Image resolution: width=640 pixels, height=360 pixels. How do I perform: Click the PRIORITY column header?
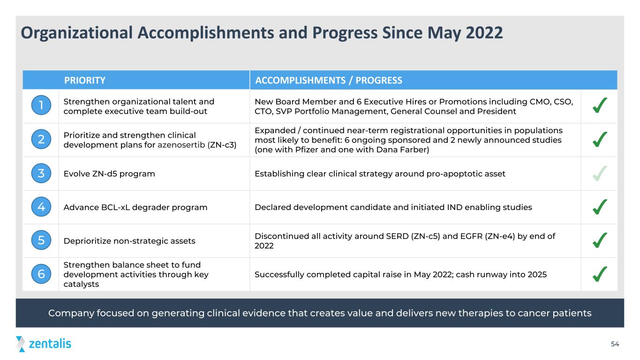[x=84, y=80]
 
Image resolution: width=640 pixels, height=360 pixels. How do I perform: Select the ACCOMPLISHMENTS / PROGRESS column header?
[x=329, y=80]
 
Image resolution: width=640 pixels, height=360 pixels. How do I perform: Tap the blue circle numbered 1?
[x=41, y=105]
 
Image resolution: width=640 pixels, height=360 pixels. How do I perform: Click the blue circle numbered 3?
[x=41, y=173]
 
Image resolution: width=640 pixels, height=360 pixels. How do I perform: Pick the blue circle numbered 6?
[x=41, y=274]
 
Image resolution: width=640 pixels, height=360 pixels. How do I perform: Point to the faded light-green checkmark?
[x=599, y=173]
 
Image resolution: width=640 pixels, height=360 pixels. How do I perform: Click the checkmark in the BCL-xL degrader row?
[x=599, y=207]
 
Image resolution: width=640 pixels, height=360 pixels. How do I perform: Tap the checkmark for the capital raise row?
[x=599, y=274]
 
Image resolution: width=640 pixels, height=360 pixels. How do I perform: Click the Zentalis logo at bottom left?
[x=44, y=344]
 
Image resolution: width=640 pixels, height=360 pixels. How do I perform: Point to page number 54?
[x=615, y=344]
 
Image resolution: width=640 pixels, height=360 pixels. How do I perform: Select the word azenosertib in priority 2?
[x=181, y=145]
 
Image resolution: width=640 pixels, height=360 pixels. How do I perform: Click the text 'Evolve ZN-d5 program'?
[x=109, y=174]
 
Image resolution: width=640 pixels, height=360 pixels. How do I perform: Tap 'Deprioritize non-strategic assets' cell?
[x=129, y=241]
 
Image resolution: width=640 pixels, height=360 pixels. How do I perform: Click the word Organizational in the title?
[x=77, y=33]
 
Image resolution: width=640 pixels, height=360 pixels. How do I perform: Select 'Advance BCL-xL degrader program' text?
[x=136, y=207]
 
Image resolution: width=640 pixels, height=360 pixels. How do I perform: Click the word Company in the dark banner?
[x=71, y=313]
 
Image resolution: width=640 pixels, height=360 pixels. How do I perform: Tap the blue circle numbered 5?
[x=41, y=240]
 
